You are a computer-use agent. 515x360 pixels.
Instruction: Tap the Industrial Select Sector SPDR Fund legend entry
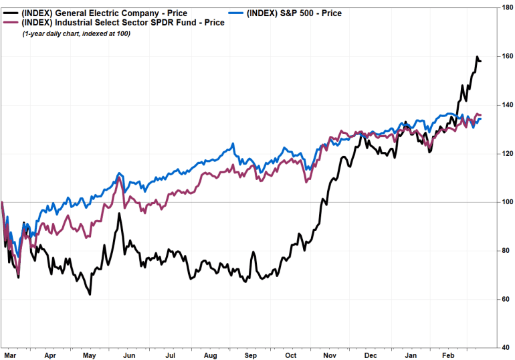[x=120, y=22]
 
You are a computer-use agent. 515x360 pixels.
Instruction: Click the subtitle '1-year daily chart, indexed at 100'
[x=76, y=33]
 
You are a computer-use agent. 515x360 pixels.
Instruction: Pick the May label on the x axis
[x=90, y=356]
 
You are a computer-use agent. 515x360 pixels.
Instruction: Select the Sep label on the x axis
[x=251, y=356]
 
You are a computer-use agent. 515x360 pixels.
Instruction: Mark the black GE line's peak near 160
[x=477, y=57]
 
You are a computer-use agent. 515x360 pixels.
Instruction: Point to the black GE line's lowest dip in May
[x=90, y=294]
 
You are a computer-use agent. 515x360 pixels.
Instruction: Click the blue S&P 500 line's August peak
[x=233, y=144]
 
